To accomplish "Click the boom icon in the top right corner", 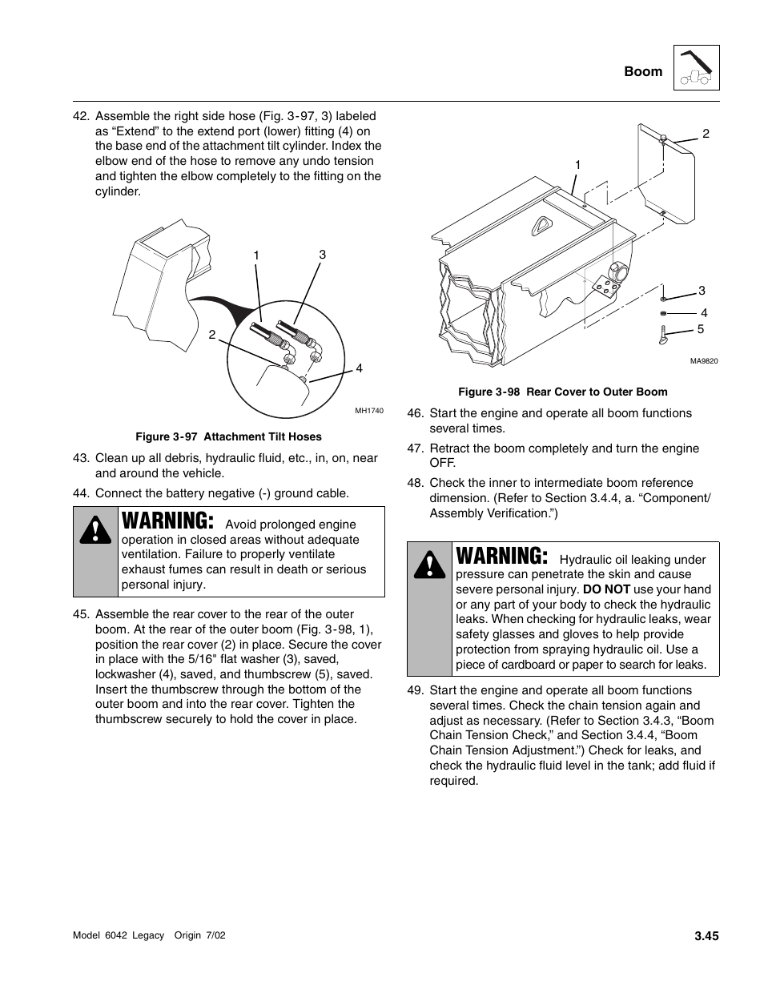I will (696, 67).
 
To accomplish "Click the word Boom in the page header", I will (643, 71).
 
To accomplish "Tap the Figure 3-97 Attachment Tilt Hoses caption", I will (228, 436).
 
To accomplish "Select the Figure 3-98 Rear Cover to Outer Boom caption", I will (562, 392).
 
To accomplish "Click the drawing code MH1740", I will (369, 411).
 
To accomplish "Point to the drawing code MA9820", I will (704, 361).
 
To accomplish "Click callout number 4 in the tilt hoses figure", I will (360, 368).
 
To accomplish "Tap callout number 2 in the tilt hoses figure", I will (212, 335).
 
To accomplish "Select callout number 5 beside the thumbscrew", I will (701, 329).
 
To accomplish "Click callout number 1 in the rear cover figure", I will (577, 165).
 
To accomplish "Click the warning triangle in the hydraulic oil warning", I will (429, 565).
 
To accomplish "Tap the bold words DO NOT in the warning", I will (606, 589).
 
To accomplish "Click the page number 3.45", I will (706, 935).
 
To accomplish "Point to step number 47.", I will (415, 448).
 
